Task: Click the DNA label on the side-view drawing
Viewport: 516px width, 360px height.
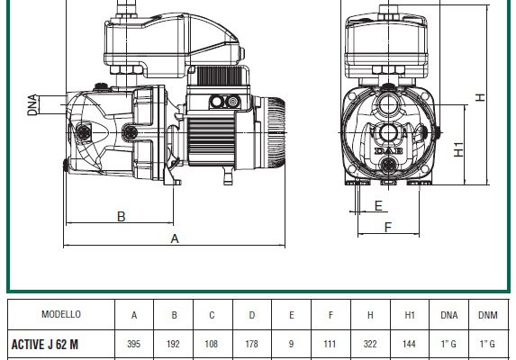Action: pyautogui.click(x=32, y=105)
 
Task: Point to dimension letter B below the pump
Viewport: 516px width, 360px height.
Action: pyautogui.click(x=121, y=217)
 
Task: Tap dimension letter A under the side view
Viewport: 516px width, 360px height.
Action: pyautogui.click(x=175, y=238)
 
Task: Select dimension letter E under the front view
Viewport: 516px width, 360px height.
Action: pyautogui.click(x=378, y=206)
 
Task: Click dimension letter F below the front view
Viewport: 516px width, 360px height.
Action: pyautogui.click(x=388, y=227)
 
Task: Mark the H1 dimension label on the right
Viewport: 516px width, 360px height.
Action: pyautogui.click(x=458, y=149)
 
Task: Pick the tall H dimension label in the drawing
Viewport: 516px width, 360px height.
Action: pyautogui.click(x=481, y=97)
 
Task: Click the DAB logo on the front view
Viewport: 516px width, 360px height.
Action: pyautogui.click(x=389, y=151)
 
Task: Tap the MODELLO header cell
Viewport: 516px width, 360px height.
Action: pyautogui.click(x=61, y=314)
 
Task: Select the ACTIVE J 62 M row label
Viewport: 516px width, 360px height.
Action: pyautogui.click(x=45, y=345)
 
